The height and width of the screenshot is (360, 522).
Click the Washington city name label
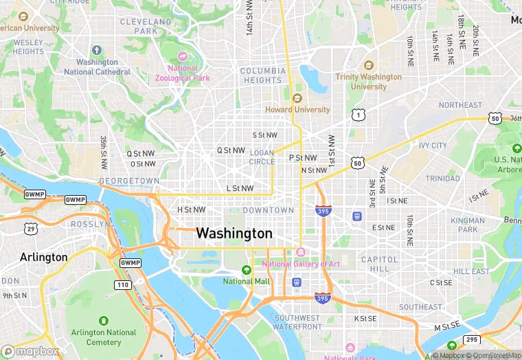tap(234, 234)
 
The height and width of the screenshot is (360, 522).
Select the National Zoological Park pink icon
tap(182, 56)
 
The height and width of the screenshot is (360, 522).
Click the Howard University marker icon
tap(297, 98)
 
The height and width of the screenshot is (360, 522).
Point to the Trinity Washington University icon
tap(367, 65)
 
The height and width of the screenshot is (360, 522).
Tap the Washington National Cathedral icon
tap(96, 50)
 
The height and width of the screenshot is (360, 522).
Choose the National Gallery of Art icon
tap(300, 251)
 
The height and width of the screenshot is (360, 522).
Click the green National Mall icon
tap(247, 269)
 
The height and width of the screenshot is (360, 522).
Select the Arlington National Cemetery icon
tap(104, 321)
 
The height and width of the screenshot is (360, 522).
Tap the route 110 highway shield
tap(123, 284)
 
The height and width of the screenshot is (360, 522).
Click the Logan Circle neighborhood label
tap(262, 157)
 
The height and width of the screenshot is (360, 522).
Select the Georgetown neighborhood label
tap(130, 181)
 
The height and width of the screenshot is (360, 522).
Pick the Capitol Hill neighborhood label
tap(379, 264)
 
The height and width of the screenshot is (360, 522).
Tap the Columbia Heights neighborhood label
tap(263, 76)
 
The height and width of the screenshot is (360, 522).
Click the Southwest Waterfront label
tap(297, 323)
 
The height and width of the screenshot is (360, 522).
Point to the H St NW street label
tap(192, 210)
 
